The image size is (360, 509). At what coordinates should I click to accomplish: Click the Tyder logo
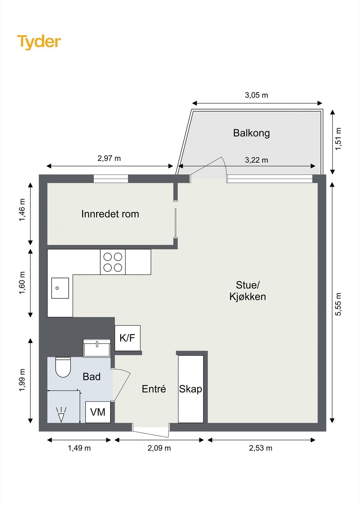click(39, 42)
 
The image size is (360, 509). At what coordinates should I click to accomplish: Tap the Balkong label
click(251, 133)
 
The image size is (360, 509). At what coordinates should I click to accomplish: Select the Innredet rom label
click(110, 214)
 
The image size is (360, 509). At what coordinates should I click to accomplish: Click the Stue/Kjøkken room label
click(248, 291)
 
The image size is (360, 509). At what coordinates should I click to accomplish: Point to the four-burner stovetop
click(113, 262)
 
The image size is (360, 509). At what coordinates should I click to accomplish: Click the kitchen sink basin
click(60, 288)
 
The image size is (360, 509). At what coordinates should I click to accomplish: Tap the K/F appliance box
click(127, 338)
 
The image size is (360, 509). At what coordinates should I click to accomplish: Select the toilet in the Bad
click(63, 367)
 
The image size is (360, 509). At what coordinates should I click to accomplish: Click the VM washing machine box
click(98, 412)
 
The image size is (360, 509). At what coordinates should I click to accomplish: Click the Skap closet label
click(190, 389)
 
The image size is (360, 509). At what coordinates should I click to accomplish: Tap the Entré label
click(154, 389)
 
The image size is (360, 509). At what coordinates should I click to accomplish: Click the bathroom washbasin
click(97, 348)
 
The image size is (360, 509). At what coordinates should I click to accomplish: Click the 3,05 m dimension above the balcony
click(256, 95)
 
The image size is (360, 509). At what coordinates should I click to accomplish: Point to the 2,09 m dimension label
click(159, 448)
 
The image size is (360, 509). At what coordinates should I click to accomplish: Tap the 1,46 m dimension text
click(22, 210)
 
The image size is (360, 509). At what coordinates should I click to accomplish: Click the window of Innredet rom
click(111, 179)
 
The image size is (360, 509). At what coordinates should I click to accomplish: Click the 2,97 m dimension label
click(109, 158)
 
